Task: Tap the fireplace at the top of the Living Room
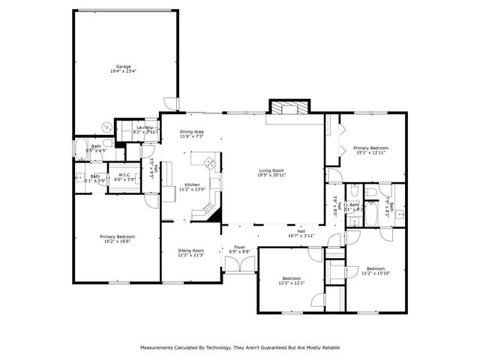288,108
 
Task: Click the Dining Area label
191,131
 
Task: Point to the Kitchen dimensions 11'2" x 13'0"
191,190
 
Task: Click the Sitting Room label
190,250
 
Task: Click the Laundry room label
145,127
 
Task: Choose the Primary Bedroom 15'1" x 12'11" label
370,148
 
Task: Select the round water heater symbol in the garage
109,142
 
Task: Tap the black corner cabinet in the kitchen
216,215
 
